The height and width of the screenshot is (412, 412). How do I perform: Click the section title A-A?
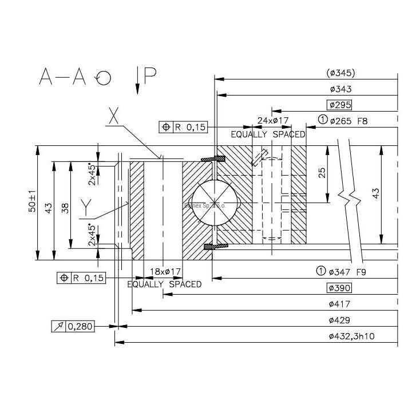[62, 76]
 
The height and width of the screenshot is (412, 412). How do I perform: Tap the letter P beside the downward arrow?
[150, 76]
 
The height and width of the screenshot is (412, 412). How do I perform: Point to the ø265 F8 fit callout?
[347, 120]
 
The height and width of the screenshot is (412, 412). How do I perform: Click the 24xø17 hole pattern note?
[273, 120]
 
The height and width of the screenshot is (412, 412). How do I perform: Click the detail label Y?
[86, 205]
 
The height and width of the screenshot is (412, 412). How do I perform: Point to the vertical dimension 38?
[66, 208]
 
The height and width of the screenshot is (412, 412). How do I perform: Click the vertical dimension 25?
[323, 173]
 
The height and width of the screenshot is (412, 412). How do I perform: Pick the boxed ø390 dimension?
[339, 288]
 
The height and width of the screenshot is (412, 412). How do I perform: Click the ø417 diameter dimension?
[340, 304]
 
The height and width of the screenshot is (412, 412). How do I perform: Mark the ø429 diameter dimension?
[340, 320]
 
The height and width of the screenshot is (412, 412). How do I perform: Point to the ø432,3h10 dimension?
[351, 336]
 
